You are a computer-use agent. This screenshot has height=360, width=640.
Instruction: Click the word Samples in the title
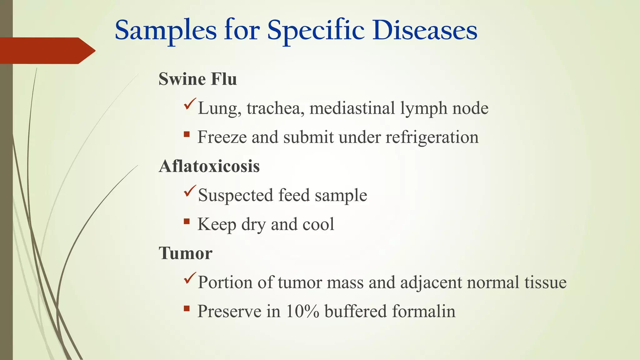pyautogui.click(x=166, y=31)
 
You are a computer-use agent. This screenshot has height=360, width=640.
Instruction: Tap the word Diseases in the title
pyautogui.click(x=425, y=31)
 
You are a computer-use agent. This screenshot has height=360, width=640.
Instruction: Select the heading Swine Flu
pyautogui.click(x=197, y=79)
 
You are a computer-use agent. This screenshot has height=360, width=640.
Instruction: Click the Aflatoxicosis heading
pyautogui.click(x=209, y=166)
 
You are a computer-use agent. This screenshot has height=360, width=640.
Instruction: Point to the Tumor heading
pyautogui.click(x=185, y=253)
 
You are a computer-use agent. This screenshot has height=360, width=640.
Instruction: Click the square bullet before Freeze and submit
pyautogui.click(x=187, y=135)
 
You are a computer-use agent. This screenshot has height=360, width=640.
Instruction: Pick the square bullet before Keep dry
pyautogui.click(x=187, y=222)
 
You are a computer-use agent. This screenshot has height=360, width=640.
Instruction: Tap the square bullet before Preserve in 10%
pyautogui.click(x=187, y=309)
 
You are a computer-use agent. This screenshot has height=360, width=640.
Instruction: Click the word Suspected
pyautogui.click(x=236, y=196)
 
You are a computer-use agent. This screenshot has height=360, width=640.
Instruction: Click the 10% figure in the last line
pyautogui.click(x=302, y=312)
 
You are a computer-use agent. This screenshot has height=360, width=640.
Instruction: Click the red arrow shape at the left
pyautogui.click(x=47, y=51)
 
